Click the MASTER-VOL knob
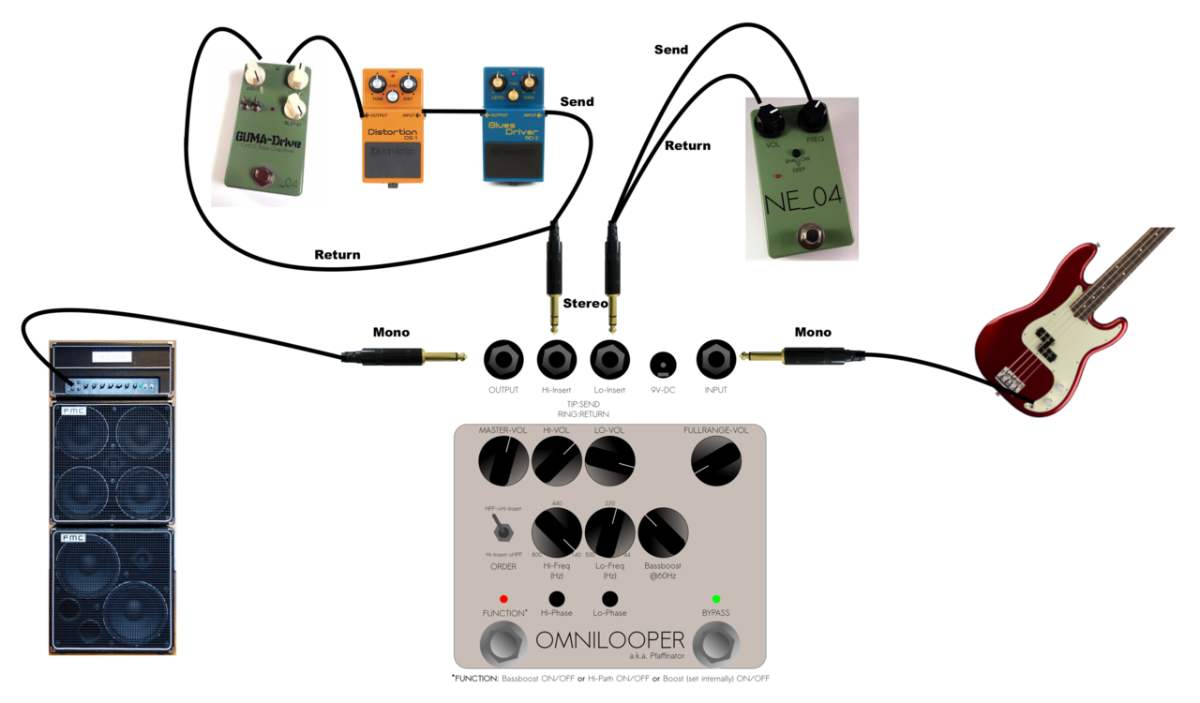coord(503,461)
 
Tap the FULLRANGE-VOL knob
coord(716,461)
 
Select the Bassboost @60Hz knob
coord(663,532)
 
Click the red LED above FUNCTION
coord(503,599)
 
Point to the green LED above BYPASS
coord(716,599)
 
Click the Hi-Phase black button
coord(557,599)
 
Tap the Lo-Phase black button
coord(609,599)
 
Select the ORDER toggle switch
coord(503,531)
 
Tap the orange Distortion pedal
coord(393,127)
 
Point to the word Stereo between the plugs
coord(586,304)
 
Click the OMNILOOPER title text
coord(610,641)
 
